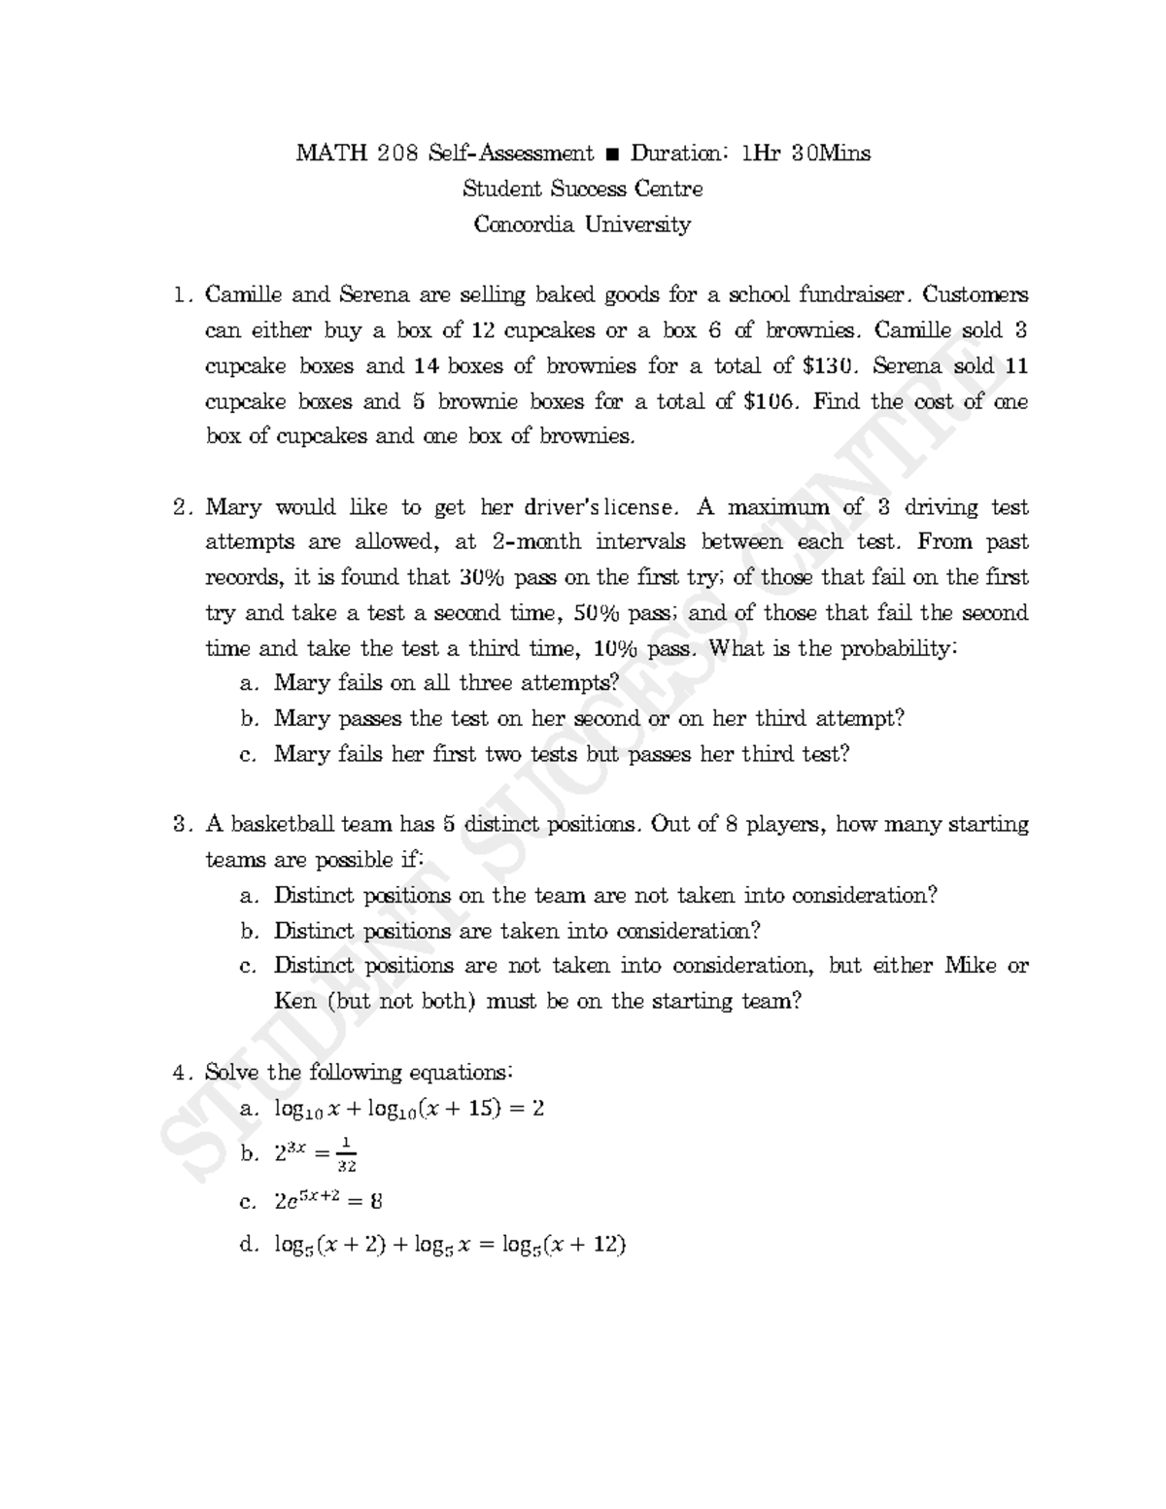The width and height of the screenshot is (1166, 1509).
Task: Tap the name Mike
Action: click(x=973, y=966)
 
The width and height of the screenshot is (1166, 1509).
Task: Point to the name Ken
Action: click(x=295, y=1001)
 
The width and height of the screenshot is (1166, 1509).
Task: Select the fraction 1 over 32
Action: click(x=346, y=1154)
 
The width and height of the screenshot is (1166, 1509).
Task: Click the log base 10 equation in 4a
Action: click(x=408, y=1109)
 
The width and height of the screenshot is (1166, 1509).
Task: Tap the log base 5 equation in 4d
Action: click(x=449, y=1245)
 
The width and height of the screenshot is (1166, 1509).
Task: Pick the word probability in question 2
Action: click(x=900, y=648)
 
